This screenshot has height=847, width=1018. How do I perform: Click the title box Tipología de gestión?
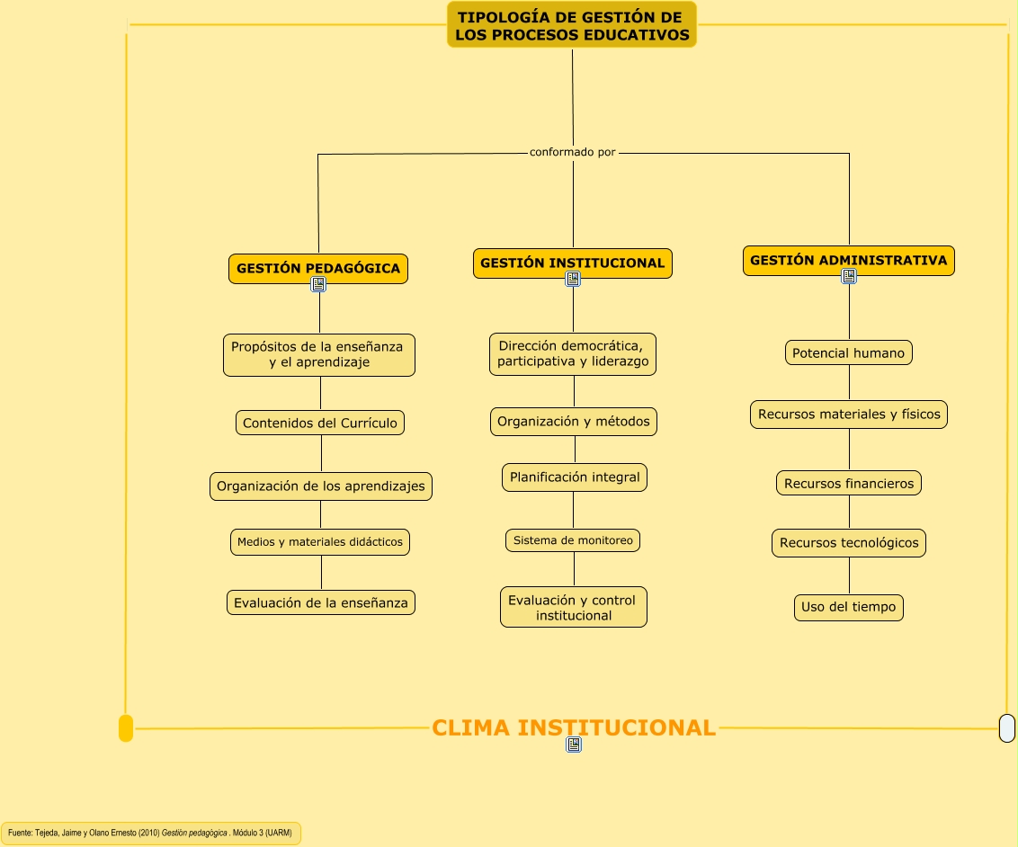point(572,25)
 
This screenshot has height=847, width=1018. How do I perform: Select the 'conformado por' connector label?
point(573,152)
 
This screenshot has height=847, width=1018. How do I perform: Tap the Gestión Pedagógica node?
point(318,268)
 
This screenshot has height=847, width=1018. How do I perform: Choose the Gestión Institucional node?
point(573,263)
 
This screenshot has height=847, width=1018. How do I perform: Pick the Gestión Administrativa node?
point(848,261)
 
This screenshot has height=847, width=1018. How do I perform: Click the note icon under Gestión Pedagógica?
point(318,285)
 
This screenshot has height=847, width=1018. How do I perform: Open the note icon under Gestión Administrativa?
point(849,277)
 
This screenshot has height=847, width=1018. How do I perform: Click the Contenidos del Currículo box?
point(320,423)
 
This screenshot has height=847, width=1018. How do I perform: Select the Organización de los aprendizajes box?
point(321,486)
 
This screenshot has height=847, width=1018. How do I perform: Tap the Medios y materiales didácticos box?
point(320,542)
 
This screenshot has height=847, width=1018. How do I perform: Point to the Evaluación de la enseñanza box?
point(321,603)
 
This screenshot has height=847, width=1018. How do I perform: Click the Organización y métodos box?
point(574,422)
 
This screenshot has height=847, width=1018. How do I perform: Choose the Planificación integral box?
point(575,477)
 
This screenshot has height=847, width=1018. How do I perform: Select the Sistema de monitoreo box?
point(573,540)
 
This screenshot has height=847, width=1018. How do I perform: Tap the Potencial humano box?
point(848,353)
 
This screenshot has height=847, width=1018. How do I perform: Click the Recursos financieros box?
point(849,484)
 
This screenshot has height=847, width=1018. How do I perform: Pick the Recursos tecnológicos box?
point(849,543)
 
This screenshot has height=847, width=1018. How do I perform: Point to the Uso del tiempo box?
point(849,607)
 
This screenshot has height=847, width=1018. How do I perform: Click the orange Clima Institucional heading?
point(574,727)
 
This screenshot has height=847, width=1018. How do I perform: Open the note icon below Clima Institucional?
point(574,744)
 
